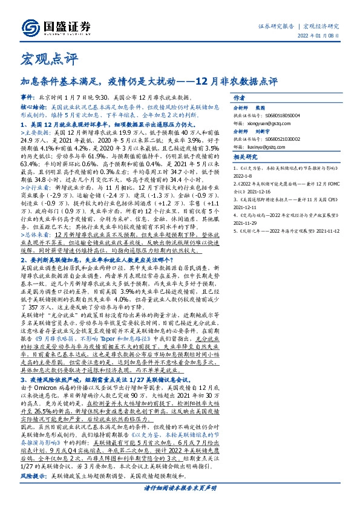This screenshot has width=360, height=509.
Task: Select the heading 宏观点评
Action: click(42, 59)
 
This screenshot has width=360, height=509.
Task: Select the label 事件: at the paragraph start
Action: click(28, 97)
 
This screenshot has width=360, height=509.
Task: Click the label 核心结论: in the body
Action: click(33, 106)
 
